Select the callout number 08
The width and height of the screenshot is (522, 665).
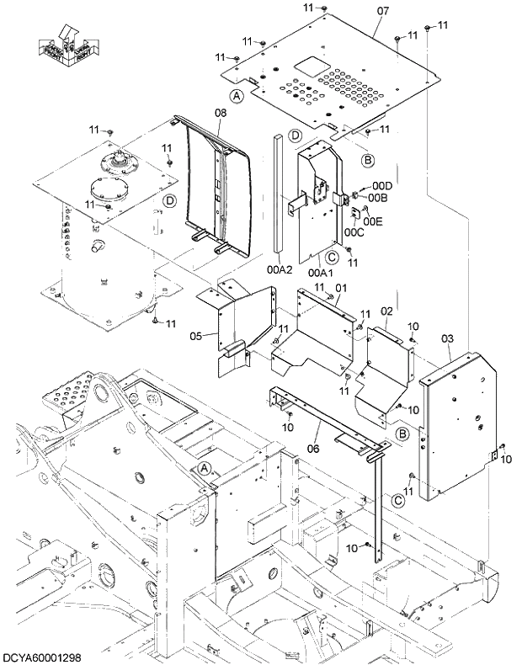coord(221,112)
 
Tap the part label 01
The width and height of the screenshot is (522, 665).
coord(341,289)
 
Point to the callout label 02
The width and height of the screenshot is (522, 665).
coord(386,311)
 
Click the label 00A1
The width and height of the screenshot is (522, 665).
coord(320,272)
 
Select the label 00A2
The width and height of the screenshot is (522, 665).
coord(280,270)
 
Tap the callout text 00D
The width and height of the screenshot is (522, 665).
coord(383,185)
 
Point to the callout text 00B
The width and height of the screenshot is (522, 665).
coord(378,198)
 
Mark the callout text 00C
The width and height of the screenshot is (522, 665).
coord(354,232)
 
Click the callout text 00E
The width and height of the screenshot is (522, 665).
coord(373,221)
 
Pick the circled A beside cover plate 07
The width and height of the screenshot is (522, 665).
coord(237,98)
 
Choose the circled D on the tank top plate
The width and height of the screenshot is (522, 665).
coord(170,200)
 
